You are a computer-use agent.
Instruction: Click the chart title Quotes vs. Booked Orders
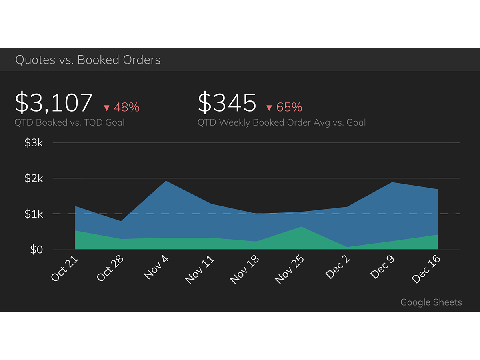[x=88, y=60]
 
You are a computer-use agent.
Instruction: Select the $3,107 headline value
[x=54, y=103]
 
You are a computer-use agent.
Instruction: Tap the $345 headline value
[x=227, y=103]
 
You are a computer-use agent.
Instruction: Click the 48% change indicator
[x=126, y=107]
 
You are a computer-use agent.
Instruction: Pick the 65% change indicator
[x=289, y=107]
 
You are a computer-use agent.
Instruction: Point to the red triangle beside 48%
[x=106, y=108]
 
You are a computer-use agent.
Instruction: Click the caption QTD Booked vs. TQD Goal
[x=70, y=122]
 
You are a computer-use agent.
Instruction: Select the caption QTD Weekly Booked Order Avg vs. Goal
[x=282, y=122]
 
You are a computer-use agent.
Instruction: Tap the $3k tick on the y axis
[x=34, y=143]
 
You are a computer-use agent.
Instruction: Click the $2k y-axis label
[x=34, y=178]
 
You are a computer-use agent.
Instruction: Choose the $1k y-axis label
[x=34, y=214]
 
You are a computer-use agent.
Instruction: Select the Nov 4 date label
[x=156, y=267]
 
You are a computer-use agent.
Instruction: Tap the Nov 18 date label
[x=245, y=270]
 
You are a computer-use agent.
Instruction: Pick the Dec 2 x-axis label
[x=338, y=267]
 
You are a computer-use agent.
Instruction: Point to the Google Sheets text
[x=431, y=302]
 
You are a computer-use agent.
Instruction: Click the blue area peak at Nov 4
[x=166, y=182]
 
